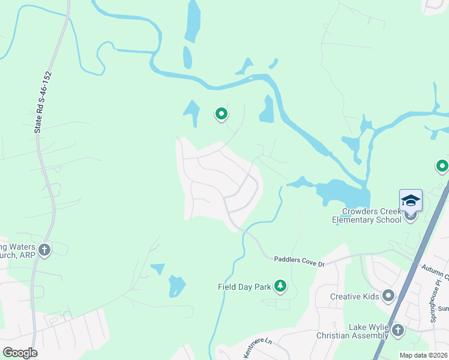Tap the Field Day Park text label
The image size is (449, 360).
coord(244,287)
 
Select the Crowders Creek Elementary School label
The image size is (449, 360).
coord(367,215)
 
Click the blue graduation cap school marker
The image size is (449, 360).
coord(411,200)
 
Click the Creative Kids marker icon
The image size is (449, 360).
coord(388,296)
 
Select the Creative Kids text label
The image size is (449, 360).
coord(354,296)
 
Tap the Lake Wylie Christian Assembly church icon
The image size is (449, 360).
coord(397,329)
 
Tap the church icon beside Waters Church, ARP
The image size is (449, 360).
coord(45,249)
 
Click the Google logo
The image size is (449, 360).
coord(20,353)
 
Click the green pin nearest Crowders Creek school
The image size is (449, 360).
coord(442,166)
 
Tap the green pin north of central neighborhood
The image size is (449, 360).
coord(221,113)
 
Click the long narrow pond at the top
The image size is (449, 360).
coord(193,21)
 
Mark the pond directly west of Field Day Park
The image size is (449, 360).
coord(176,286)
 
